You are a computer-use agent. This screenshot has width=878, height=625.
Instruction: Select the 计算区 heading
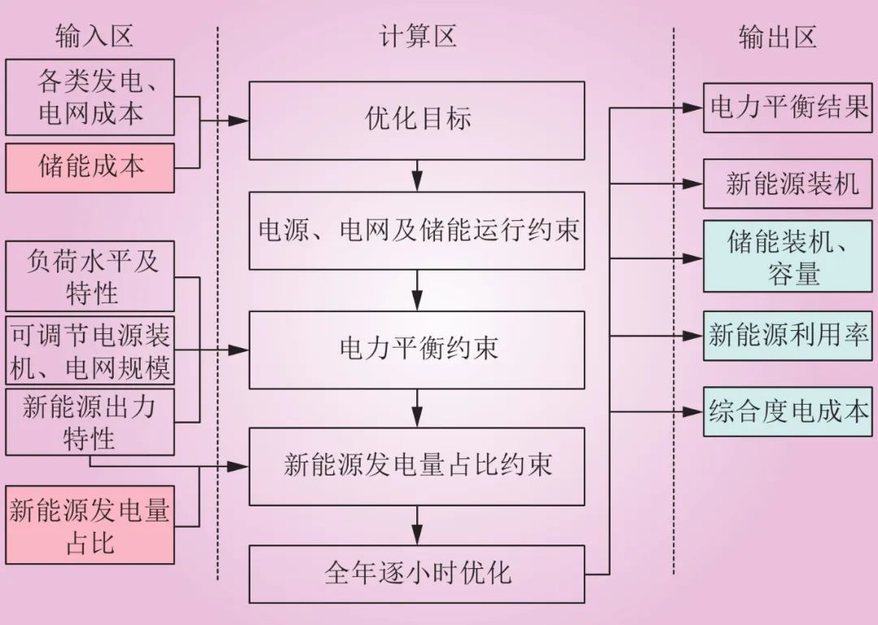(x=418, y=36)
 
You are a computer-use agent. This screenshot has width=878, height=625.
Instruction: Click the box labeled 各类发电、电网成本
(x=89, y=97)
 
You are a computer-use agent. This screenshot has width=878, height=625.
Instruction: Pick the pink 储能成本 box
(x=89, y=167)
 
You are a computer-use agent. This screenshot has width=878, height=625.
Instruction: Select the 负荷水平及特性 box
(x=89, y=277)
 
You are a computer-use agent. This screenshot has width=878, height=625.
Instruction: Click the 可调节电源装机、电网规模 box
(x=89, y=351)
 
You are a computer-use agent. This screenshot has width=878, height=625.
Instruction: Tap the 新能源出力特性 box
(x=89, y=422)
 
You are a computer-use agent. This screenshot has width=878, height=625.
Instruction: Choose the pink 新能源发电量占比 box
(x=89, y=525)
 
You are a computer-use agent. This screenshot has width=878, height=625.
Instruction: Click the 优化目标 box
(x=416, y=120)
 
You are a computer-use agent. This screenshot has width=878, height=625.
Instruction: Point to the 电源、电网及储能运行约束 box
(x=416, y=231)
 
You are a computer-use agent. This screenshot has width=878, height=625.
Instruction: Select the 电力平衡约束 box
(x=416, y=349)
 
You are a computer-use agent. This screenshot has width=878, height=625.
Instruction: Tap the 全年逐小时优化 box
(x=416, y=574)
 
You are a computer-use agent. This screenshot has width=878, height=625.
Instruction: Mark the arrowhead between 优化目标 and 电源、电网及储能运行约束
(x=416, y=184)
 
